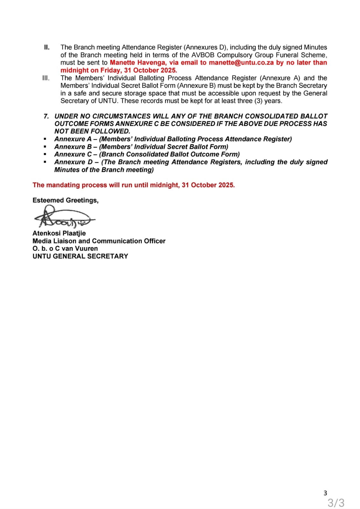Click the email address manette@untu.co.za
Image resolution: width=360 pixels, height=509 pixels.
pos(241,63)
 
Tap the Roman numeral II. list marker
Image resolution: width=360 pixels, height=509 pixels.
pos(47,47)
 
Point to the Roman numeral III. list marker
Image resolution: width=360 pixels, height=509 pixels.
pos(46,78)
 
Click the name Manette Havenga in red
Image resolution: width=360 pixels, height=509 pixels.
pos(138,63)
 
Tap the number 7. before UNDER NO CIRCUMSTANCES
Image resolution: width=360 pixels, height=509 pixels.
pos(46,116)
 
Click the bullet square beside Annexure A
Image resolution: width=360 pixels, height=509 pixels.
pos(45,139)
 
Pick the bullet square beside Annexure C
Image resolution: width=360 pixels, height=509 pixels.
pos(45,155)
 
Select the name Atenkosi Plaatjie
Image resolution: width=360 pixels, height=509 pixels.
pos(59,233)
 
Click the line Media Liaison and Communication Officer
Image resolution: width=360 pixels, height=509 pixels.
pos(99,241)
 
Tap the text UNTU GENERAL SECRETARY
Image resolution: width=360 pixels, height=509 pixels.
pos(80,256)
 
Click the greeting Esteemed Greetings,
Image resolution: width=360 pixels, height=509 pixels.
pos(65,200)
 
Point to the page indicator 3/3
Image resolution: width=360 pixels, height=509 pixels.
pos(336,503)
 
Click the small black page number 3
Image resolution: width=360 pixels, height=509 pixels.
pos(325,493)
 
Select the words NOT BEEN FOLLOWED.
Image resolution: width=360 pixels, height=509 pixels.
pos(92,131)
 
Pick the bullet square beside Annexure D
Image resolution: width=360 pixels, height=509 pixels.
pos(45,162)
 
